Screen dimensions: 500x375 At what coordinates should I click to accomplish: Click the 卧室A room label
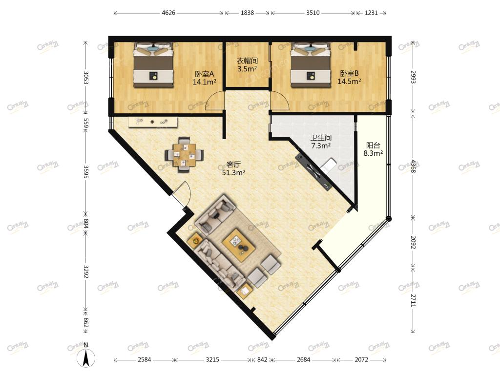[x=205, y=74]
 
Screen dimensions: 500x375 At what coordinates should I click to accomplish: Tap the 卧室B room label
[x=349, y=73]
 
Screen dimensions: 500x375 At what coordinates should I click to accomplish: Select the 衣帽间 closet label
[x=247, y=61]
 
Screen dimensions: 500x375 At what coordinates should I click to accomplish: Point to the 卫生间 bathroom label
[x=321, y=138]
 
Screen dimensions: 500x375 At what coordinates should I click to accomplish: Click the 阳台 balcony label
[x=373, y=146]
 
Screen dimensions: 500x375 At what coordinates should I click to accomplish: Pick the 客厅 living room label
[x=233, y=165]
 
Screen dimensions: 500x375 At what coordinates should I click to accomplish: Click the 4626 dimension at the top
[x=168, y=13]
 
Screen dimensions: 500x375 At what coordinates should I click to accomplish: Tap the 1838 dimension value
[x=247, y=13]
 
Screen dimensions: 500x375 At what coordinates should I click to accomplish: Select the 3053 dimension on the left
[x=85, y=78]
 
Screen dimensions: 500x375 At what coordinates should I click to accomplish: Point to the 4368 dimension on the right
[x=413, y=166]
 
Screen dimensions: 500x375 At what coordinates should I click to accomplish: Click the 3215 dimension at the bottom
[x=212, y=360]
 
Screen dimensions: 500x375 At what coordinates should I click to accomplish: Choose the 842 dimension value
[x=262, y=360]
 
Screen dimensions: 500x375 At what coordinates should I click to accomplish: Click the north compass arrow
[x=86, y=358]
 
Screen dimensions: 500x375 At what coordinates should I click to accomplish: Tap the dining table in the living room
[x=184, y=155]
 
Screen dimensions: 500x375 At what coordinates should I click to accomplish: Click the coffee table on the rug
[x=239, y=242]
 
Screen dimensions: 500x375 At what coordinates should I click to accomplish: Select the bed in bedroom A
[x=153, y=65]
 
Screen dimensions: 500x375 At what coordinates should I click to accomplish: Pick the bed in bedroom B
[x=310, y=65]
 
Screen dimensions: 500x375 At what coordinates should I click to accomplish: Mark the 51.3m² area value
[x=233, y=173]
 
